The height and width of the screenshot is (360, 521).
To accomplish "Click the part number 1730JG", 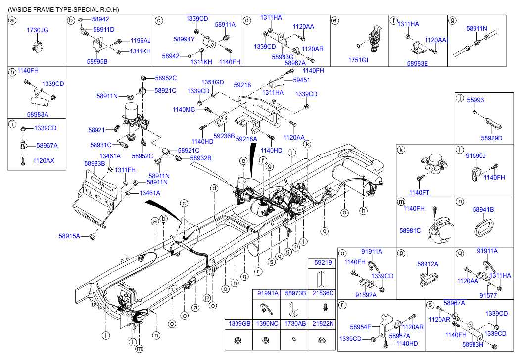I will [38, 31].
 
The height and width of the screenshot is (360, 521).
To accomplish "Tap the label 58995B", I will [97, 61].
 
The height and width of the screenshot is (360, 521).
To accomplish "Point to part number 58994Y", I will [184, 38].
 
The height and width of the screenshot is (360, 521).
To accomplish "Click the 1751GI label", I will [359, 60].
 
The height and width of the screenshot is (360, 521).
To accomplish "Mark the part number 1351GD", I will [212, 82].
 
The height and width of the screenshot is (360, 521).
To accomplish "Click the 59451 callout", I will [301, 79].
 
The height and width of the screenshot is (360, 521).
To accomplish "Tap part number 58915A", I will [69, 236].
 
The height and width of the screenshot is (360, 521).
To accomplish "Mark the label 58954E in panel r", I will [361, 327].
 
